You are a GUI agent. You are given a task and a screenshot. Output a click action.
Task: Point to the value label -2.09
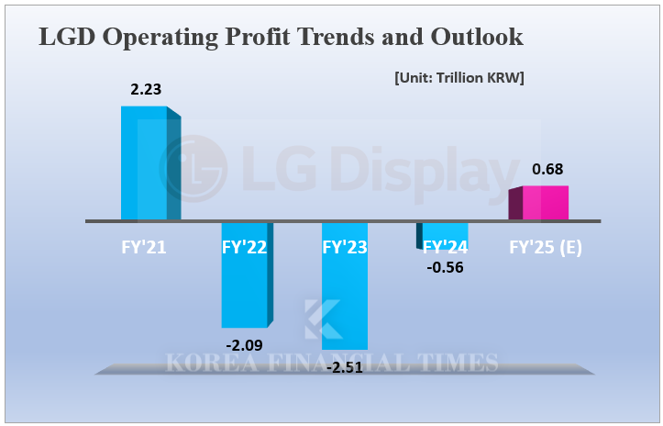tap(245, 345)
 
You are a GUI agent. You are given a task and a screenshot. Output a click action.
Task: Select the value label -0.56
tap(445, 268)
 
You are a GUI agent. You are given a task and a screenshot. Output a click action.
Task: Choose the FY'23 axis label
tap(345, 246)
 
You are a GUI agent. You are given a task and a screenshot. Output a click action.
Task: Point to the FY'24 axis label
tap(445, 246)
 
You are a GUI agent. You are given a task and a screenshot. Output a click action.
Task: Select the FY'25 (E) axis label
tap(547, 246)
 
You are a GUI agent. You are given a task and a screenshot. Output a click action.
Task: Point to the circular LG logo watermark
tap(193, 166)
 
